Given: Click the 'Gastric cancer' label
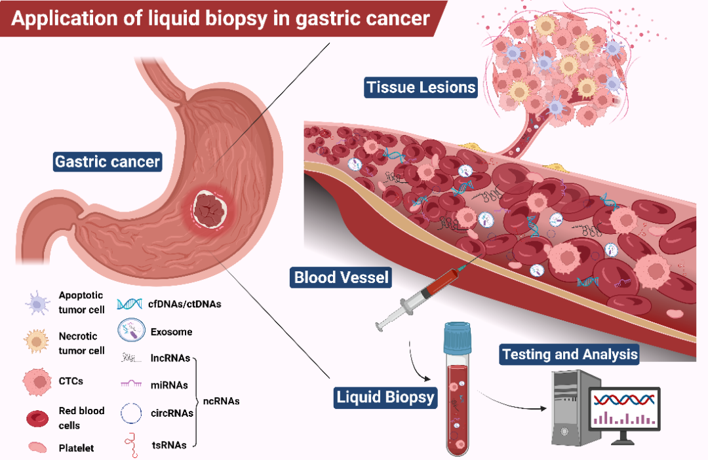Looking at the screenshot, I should pyautogui.click(x=108, y=161).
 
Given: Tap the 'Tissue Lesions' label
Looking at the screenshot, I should pyautogui.click(x=421, y=87).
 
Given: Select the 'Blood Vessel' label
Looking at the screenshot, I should pyautogui.click(x=340, y=278).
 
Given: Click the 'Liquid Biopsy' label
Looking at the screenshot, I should pyautogui.click(x=385, y=396).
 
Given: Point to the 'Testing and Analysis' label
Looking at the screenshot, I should pyautogui.click(x=569, y=355).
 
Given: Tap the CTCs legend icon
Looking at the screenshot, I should pyautogui.click(x=37, y=381).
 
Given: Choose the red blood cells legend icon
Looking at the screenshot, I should pyautogui.click(x=37, y=418).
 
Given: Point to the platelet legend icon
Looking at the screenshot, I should pyautogui.click(x=37, y=448).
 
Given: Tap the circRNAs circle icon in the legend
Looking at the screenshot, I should pyautogui.click(x=131, y=413).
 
